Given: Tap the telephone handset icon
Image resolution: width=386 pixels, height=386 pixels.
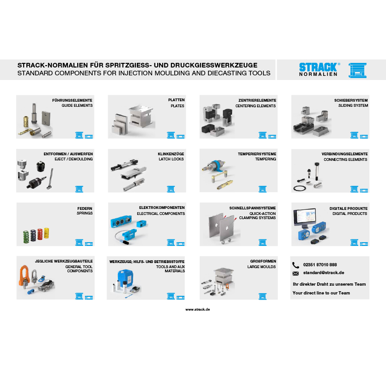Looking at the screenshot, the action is pos(295,265).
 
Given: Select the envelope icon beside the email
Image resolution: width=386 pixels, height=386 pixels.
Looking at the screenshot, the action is pos(295,273).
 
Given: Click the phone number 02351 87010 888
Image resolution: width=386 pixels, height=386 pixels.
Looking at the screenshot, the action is pos(320,264).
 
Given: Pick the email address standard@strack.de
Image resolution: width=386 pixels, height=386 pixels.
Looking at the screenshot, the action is pos(324,273).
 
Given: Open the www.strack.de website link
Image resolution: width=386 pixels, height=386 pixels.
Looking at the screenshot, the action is pos(197,309).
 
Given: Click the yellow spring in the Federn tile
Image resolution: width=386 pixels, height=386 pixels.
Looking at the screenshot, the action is pos(46,233).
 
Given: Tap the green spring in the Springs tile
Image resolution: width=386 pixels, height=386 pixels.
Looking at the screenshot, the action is pos(26,237).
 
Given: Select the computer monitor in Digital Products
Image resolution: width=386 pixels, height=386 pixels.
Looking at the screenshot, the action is pos(305,218).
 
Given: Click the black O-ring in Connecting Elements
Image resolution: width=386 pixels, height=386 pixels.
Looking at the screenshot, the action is pos(300,189).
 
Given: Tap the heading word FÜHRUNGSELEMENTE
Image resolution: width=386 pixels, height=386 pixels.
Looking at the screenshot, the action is pos(72,100).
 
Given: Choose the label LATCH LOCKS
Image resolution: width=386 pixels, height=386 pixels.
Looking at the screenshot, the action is pos(171,159).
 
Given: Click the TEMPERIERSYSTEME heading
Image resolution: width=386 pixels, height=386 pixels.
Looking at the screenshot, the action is pos(257,154).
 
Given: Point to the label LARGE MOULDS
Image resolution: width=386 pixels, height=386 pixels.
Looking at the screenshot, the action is pos(262,267).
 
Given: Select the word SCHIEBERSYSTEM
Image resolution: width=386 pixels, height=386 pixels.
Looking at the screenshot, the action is pos(351,100).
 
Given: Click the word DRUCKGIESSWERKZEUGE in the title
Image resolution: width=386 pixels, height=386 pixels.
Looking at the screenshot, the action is pos(214,65).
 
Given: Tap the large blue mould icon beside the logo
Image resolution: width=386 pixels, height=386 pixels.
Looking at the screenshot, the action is pos(357,70).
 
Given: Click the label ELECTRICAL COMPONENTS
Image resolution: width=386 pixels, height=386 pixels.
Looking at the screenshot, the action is pos(161,214).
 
